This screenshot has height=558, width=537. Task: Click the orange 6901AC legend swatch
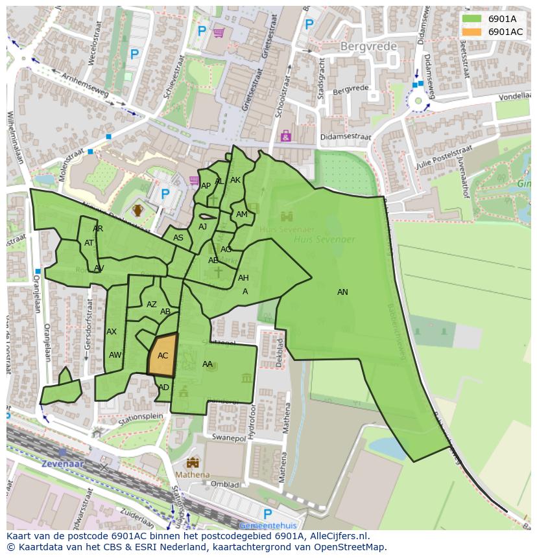471,32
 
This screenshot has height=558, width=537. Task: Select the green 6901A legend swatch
471,19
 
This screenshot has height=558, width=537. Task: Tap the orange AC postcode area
163,355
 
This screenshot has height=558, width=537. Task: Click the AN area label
342,292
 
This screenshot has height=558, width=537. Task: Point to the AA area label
208,364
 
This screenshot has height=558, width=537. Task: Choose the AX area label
112,332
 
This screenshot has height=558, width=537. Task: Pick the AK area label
235,180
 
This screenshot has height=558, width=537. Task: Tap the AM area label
242,215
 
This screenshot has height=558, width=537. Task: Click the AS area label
178,238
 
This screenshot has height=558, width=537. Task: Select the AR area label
98,229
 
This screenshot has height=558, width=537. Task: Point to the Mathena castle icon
193,463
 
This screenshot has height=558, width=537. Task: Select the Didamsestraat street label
346,138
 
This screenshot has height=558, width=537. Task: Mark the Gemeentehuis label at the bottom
267,526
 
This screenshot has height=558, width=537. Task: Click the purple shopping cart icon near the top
219,32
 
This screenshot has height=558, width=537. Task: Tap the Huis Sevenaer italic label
324,239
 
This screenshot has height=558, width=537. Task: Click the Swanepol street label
229,437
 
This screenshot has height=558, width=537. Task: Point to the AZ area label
152,305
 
